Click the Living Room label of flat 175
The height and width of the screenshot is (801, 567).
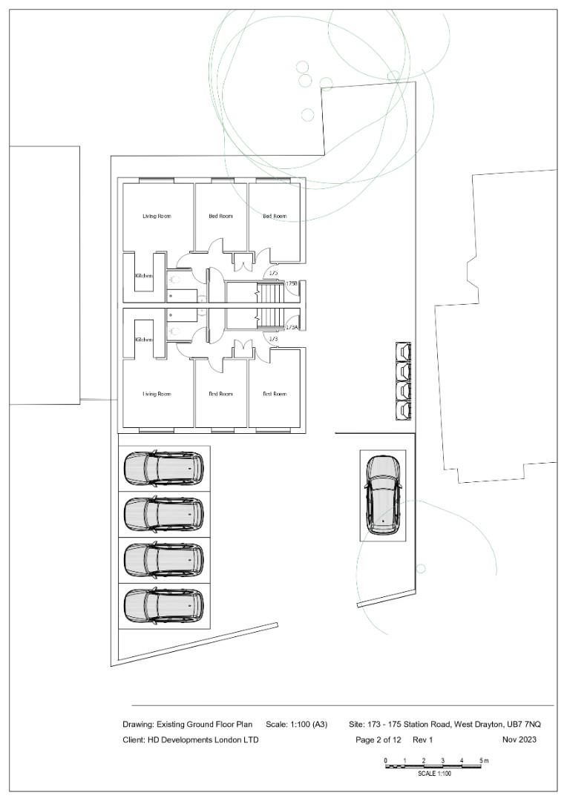tap(157, 217)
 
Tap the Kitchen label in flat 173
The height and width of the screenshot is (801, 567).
tap(143, 340)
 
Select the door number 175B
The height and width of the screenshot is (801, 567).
tap(292, 284)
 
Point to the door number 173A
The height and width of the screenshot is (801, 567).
tap(292, 327)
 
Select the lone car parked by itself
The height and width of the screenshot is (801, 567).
tap(382, 495)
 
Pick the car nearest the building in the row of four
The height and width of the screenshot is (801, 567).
tap(163, 468)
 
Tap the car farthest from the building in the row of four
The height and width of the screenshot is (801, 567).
tap(163, 605)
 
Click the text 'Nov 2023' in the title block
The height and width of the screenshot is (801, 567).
tap(519, 739)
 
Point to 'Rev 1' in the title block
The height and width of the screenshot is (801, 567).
tap(422, 739)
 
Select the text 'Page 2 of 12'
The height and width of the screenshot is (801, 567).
tap(378, 739)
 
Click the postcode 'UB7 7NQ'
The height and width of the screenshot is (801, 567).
tap(523, 724)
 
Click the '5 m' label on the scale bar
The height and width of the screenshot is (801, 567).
tap(484, 761)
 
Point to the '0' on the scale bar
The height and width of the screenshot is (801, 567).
tap(385, 761)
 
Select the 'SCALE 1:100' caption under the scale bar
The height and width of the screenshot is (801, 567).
tap(434, 774)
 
